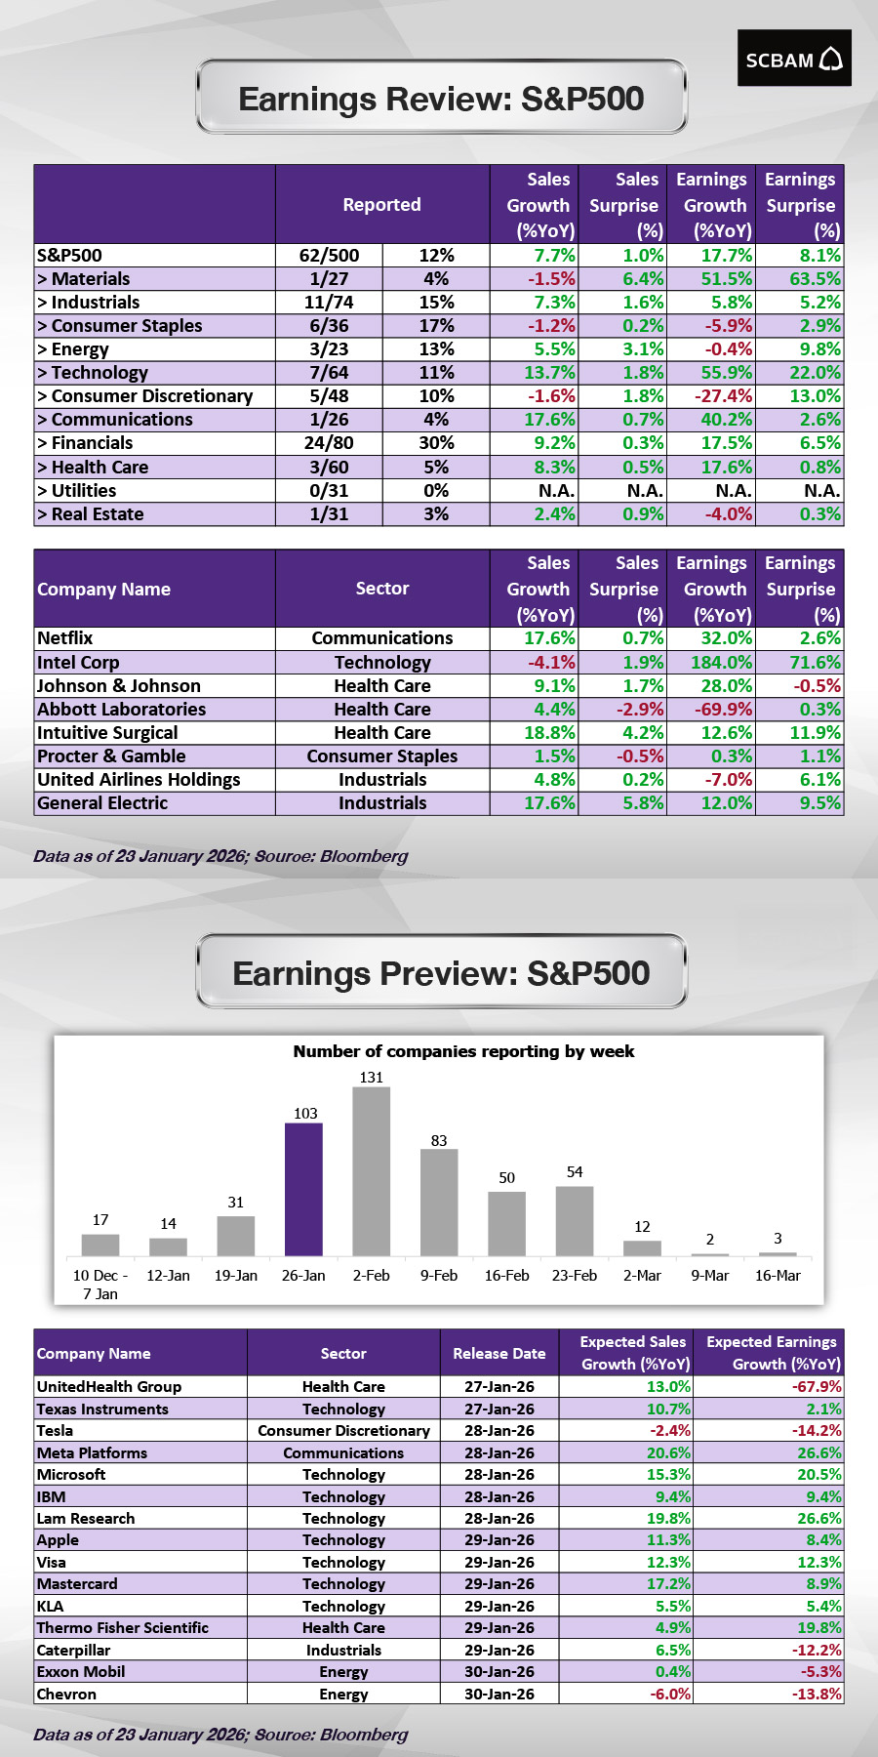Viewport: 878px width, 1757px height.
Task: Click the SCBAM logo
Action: [x=793, y=59]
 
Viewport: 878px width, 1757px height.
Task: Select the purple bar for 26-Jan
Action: [x=303, y=1189]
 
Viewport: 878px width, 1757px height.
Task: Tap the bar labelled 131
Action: [x=371, y=1171]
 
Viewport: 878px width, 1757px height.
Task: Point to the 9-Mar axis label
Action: [x=709, y=1276]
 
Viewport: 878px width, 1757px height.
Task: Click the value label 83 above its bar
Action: [x=439, y=1140]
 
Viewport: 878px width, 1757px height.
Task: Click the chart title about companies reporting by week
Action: [x=463, y=1051]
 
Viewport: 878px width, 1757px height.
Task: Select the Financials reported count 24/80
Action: [x=329, y=443]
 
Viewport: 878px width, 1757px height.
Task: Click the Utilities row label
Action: [x=77, y=491]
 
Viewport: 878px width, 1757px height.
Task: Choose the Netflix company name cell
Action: [x=65, y=638]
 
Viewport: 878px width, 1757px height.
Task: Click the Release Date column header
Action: [x=499, y=1354]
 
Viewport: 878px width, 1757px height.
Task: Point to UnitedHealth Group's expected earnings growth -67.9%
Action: [x=817, y=1387]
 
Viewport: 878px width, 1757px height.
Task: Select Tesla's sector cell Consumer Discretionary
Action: [x=343, y=1431]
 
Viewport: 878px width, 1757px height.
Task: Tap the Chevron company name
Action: [x=66, y=1695]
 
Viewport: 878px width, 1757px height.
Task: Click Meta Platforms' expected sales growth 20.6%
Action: [x=668, y=1453]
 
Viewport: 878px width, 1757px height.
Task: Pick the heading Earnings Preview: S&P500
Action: [x=441, y=973]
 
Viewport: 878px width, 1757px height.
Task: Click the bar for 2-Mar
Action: [x=642, y=1247]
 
